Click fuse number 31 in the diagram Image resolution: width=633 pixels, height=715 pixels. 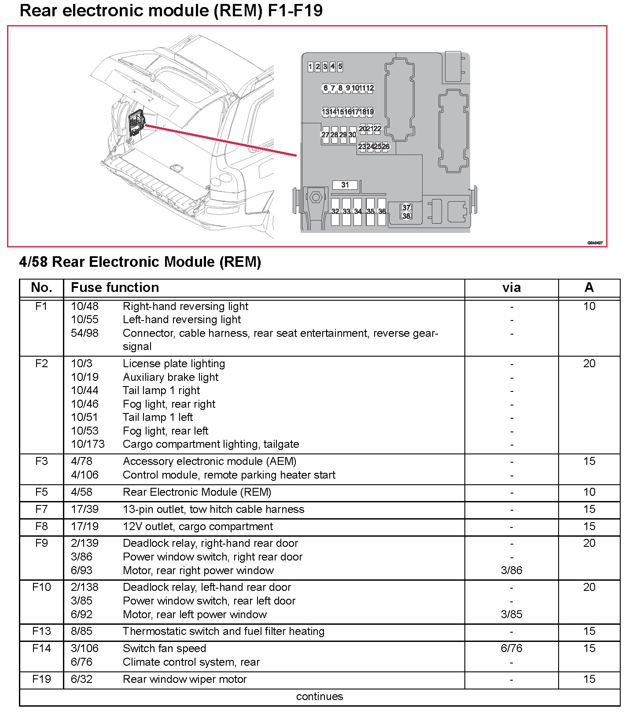tap(345, 185)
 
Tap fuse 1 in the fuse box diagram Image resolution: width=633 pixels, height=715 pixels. tap(310, 67)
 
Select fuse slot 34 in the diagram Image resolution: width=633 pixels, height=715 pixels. tap(358, 212)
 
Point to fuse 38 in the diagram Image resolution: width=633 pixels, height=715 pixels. tap(406, 216)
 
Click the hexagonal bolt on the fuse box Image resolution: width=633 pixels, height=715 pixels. tap(315, 197)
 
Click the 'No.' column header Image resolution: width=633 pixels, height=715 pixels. tap(41, 287)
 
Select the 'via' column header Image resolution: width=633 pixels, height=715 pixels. tap(512, 288)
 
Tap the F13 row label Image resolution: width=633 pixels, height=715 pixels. tap(41, 631)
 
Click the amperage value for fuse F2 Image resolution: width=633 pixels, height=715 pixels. tap(589, 364)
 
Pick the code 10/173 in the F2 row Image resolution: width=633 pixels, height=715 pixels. tap(88, 444)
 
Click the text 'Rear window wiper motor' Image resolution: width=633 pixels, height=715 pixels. tap(184, 679)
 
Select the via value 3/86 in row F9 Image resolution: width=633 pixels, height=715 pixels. tap(512, 571)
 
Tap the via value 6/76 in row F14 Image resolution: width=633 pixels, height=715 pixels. tap(512, 649)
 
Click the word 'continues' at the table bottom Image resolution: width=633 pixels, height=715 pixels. tap(319, 697)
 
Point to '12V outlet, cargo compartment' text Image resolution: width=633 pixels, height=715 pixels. tap(198, 527)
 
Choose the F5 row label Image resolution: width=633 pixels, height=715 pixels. tap(41, 492)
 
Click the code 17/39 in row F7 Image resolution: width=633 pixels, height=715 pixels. tap(85, 509)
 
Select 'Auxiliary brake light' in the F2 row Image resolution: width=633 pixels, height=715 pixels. tap(170, 377)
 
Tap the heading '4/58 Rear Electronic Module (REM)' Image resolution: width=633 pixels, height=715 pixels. tap(140, 262)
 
